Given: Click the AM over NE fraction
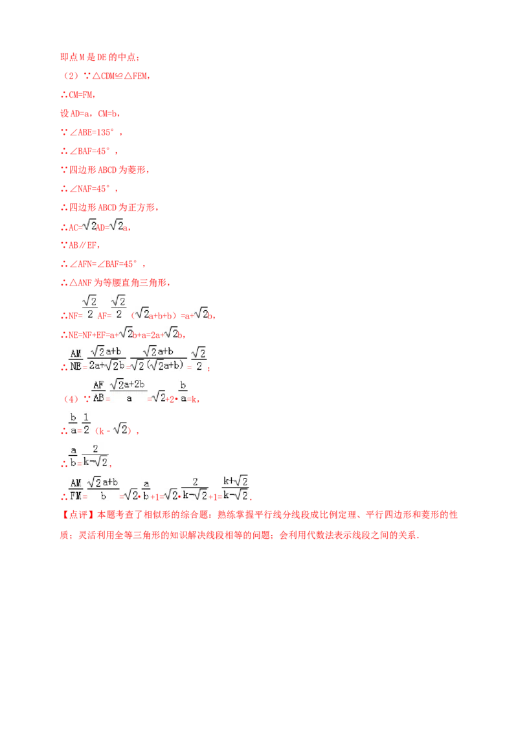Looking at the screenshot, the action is coord(76,359).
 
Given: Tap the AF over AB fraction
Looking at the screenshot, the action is coord(99,391).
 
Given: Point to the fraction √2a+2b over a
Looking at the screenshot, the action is coord(129,391).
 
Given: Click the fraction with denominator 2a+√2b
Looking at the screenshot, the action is coord(107,359).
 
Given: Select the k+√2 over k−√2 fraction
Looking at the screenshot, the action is coord(235,488).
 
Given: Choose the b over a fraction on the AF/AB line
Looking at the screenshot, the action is coord(184,391).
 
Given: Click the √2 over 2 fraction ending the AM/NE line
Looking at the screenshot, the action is coord(199,359).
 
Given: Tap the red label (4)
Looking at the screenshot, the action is coord(70,400).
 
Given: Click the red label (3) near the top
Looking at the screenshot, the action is coord(70,76).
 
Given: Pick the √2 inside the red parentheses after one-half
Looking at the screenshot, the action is coord(118,429).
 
